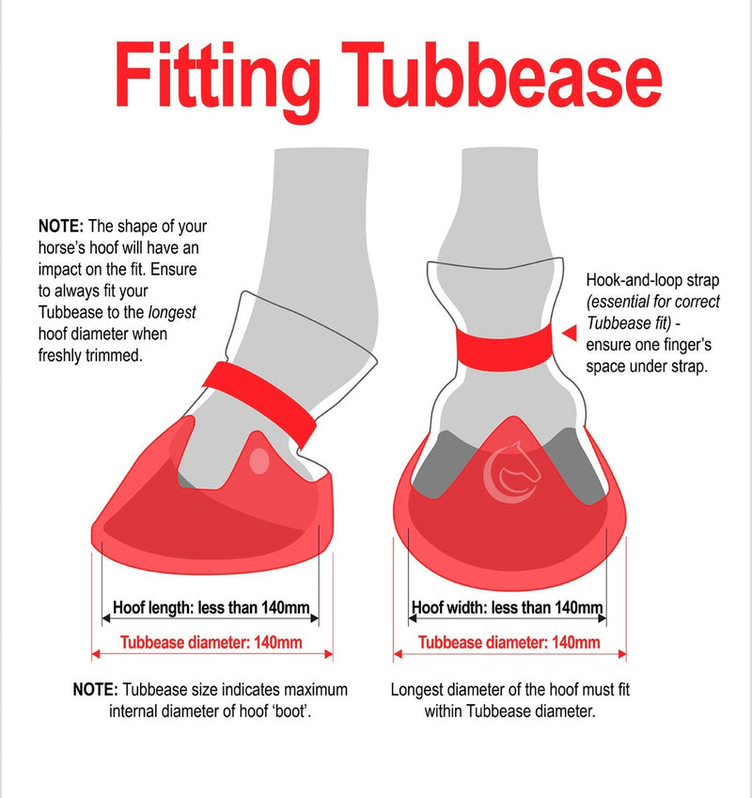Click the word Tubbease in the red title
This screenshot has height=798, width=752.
click(502, 75)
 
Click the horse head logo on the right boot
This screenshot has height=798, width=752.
click(511, 471)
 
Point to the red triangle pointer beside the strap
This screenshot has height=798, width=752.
click(570, 334)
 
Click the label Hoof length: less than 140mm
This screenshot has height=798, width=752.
click(211, 607)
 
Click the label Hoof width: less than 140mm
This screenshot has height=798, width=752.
click(508, 607)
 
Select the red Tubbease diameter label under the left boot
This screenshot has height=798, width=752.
click(211, 642)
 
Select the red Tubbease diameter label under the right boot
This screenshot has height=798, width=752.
click(509, 642)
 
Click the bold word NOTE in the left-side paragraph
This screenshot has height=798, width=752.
click(60, 226)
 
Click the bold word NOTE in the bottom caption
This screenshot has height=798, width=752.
click(95, 690)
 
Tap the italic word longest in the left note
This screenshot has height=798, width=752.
click(172, 312)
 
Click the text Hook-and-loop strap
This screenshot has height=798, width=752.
click(652, 280)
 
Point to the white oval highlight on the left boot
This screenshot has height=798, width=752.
click(259, 461)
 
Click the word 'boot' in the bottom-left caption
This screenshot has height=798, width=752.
click(291, 711)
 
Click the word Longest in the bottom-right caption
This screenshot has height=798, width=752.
click(414, 690)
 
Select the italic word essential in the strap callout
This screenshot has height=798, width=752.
click(616, 303)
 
